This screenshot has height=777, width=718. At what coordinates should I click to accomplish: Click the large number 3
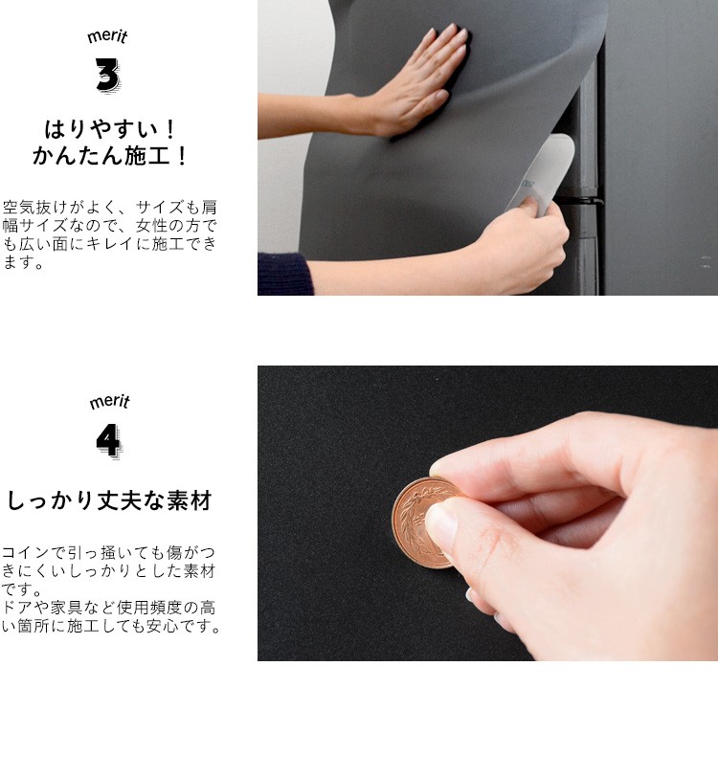click(x=107, y=76)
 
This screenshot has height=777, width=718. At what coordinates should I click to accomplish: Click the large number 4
click(x=108, y=440)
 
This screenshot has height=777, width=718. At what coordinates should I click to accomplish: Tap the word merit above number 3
click(x=107, y=37)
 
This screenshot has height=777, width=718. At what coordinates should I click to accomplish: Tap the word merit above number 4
click(x=108, y=402)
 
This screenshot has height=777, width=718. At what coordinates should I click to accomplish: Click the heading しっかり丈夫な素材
click(x=109, y=500)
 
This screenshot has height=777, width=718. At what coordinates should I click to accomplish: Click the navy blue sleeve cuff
click(x=284, y=274)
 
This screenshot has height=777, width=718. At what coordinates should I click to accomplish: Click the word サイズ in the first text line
click(x=158, y=207)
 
